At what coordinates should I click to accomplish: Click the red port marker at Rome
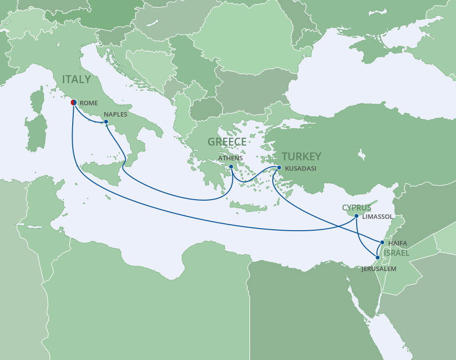(73, 102)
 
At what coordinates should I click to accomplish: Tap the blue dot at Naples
(106, 121)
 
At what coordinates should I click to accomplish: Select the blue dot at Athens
(231, 166)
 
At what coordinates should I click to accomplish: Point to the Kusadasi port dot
(279, 168)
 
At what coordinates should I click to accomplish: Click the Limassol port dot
(356, 215)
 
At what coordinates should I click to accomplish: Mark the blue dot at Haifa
(382, 242)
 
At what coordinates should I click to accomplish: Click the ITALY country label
(76, 79)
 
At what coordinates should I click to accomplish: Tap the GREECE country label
(227, 142)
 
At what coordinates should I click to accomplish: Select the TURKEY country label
(301, 156)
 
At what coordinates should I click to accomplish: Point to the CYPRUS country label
(357, 208)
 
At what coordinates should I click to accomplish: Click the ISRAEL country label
(397, 252)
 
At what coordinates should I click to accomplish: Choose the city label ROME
(89, 103)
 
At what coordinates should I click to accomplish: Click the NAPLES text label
(115, 115)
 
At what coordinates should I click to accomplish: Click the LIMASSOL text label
(377, 216)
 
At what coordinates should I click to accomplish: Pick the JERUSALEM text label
(379, 269)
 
